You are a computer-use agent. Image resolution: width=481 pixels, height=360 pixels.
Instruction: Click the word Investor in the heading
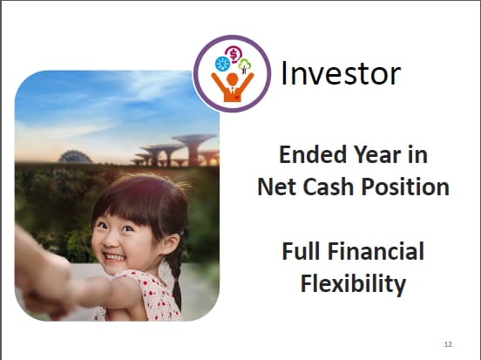click(341, 74)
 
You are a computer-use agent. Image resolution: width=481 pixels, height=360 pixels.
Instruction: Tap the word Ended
click(313, 154)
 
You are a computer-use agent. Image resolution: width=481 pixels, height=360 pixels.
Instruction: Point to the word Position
click(405, 187)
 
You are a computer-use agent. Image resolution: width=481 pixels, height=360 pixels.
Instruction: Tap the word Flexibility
click(353, 284)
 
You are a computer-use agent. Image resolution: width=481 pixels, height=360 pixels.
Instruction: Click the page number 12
click(448, 344)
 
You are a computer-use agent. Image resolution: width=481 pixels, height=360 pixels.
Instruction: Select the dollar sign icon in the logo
click(234, 55)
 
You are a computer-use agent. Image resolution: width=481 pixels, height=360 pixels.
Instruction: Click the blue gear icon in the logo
click(222, 64)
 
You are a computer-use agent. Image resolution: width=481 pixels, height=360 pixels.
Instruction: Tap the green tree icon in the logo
click(245, 65)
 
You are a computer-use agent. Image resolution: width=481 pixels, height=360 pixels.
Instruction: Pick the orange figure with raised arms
click(232, 87)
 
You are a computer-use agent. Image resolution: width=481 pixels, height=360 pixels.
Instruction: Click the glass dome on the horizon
click(75, 157)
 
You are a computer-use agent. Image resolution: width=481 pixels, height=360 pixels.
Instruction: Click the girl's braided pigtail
click(176, 278)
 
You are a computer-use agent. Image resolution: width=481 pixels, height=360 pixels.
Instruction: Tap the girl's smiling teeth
click(114, 256)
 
